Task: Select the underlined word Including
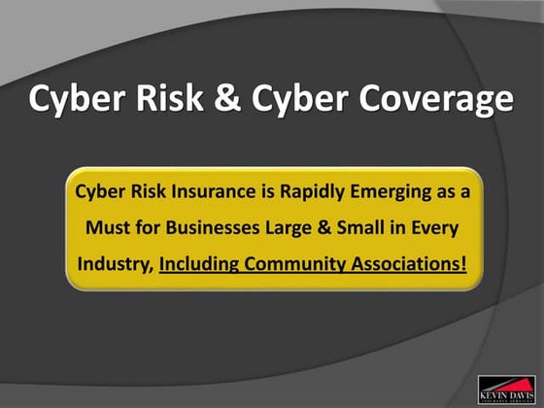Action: point(199,262)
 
